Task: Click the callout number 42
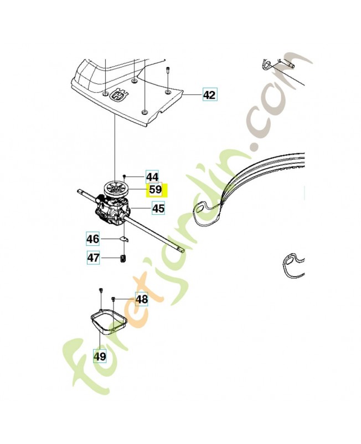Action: click(x=209, y=95)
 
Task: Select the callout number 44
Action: click(x=153, y=177)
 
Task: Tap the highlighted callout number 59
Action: click(x=156, y=190)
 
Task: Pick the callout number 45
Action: click(x=158, y=209)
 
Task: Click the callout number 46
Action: click(x=93, y=239)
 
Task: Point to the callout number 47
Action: click(x=93, y=258)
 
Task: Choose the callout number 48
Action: click(x=142, y=299)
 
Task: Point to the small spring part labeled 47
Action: click(x=123, y=258)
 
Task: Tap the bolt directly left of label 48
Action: click(x=113, y=299)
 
